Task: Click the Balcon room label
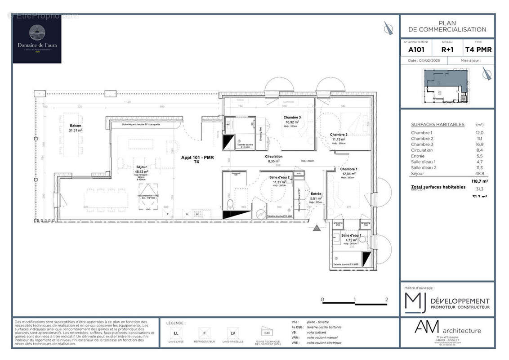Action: [x=76, y=126]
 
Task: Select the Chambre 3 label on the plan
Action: [x=293, y=117]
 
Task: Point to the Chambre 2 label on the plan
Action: [x=339, y=135]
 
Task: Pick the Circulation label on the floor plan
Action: [x=274, y=156]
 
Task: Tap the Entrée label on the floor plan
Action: [x=316, y=193]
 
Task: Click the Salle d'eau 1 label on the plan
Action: [x=351, y=235]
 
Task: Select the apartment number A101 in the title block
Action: [x=416, y=50]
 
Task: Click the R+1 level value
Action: [x=447, y=50]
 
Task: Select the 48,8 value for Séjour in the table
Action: [x=480, y=173]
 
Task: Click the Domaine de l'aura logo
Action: [x=37, y=40]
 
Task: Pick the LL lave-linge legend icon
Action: [x=175, y=333]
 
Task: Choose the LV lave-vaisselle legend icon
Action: [x=232, y=333]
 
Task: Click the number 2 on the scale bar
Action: [x=387, y=299]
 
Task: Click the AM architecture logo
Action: [x=447, y=330]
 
